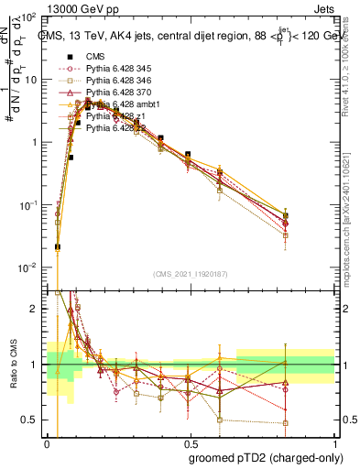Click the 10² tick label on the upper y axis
[30, 18]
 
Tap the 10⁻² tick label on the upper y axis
[30, 267]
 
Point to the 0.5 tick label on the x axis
[189, 440]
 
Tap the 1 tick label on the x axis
[333, 440]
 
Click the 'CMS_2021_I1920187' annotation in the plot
[190, 276]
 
